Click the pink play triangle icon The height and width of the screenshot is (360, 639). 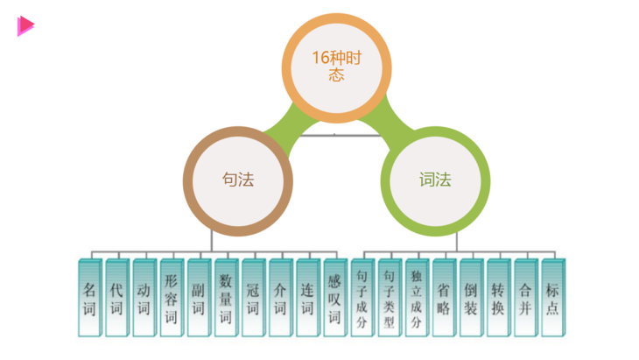[25, 26]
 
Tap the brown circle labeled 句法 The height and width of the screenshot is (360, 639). [238, 180]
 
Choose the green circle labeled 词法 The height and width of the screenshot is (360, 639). [435, 180]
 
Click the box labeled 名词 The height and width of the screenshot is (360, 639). [89, 298]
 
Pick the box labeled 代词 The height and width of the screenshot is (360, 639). [116, 298]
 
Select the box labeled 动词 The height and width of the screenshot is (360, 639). [144, 298]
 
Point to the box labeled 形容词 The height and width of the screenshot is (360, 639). [171, 298]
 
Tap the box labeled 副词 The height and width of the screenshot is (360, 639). [198, 298]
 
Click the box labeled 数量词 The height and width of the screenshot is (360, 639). [225, 298]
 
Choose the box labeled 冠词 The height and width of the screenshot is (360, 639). [252, 298]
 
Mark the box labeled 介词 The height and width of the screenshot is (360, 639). [279, 298]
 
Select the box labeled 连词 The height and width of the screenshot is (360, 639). [306, 298]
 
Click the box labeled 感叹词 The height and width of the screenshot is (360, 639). [334, 298]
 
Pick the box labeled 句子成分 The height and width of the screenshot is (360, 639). [362, 298]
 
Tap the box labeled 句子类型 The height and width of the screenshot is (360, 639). [389, 298]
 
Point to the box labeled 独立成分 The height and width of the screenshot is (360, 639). [416, 298]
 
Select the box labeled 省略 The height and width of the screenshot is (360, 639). [443, 298]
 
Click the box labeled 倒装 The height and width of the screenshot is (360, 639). [470, 298]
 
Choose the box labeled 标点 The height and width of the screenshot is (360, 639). [551, 298]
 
